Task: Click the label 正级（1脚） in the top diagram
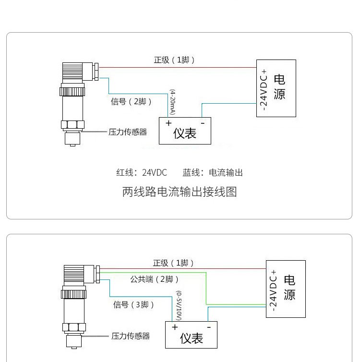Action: tap(174, 60)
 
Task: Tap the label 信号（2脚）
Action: tap(132, 101)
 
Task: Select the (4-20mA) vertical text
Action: tap(172, 102)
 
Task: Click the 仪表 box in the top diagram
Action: tap(185, 131)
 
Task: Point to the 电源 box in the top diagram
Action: tap(276, 88)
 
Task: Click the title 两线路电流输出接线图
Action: tap(180, 192)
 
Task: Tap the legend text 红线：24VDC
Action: tap(142, 172)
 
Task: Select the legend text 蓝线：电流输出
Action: tap(213, 172)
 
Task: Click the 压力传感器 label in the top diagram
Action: tap(128, 132)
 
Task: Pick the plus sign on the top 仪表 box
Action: tap(168, 123)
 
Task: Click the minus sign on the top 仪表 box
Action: tap(203, 123)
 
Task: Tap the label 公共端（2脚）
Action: tap(155, 279)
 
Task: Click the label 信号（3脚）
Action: tap(134, 304)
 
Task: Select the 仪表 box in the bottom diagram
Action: tap(191, 335)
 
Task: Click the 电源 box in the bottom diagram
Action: tap(286, 289)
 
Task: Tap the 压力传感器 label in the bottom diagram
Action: tap(131, 336)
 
